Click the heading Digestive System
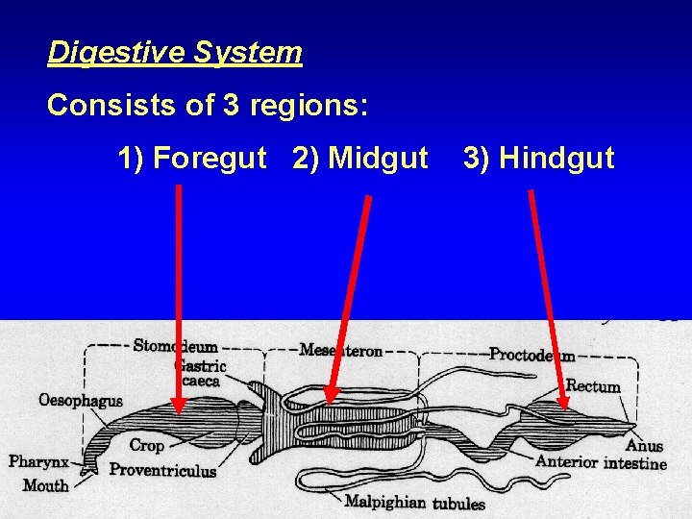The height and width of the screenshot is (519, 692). click(175, 52)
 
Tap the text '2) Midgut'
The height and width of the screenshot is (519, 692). click(360, 157)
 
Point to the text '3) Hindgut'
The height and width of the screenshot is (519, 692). click(538, 157)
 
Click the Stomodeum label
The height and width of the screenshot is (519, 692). click(175, 346)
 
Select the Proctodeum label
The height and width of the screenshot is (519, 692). click(532, 355)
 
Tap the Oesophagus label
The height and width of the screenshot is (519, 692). click(81, 400)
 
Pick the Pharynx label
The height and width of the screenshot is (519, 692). click(38, 462)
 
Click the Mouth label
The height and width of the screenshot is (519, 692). click(46, 485)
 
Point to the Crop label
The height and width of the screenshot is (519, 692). click(146, 446)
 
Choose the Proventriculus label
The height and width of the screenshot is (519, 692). click(162, 470)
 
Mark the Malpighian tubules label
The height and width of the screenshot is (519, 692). click(414, 502)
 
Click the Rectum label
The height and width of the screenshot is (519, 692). click(593, 386)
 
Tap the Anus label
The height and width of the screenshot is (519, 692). click(644, 446)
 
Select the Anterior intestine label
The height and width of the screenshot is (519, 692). click(601, 462)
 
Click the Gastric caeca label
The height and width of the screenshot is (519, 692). click(200, 373)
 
